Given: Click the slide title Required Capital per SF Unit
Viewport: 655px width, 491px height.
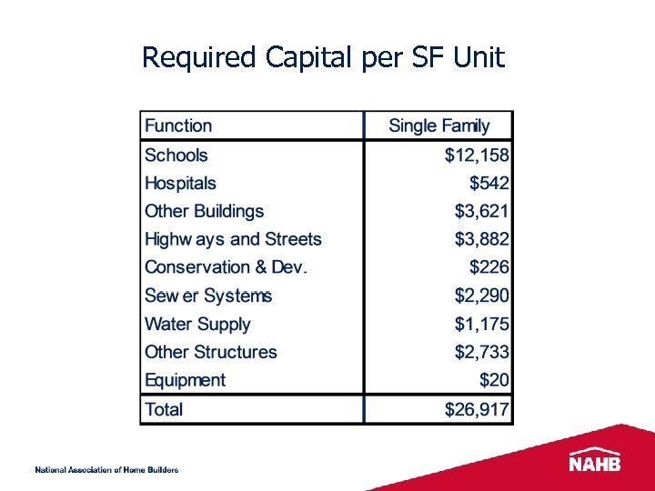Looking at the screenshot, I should (323, 58).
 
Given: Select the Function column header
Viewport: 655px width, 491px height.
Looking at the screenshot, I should (178, 125).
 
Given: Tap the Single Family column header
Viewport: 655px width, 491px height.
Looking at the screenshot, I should (438, 125).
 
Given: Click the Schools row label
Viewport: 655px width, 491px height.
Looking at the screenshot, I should (176, 155).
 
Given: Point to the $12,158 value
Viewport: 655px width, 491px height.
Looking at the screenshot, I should (477, 155).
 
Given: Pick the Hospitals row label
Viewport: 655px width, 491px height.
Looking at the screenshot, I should (180, 184).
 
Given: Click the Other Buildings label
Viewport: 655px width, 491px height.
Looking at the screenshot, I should (204, 212).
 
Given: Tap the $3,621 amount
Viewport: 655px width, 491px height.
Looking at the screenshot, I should (482, 212).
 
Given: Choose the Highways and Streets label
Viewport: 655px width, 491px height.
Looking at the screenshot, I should (233, 240).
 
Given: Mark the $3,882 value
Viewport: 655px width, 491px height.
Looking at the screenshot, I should (482, 240).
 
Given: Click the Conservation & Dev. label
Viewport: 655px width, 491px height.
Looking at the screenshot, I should (227, 267).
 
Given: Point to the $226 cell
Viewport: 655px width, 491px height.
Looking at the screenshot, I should (489, 267).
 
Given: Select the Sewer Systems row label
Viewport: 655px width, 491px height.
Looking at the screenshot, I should (208, 296).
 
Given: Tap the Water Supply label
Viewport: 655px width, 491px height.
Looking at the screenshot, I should (197, 324).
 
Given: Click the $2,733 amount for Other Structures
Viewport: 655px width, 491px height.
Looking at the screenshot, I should (482, 352).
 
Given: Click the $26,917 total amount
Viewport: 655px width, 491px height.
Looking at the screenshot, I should (477, 409).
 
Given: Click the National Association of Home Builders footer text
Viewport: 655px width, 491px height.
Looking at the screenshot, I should (106, 470).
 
